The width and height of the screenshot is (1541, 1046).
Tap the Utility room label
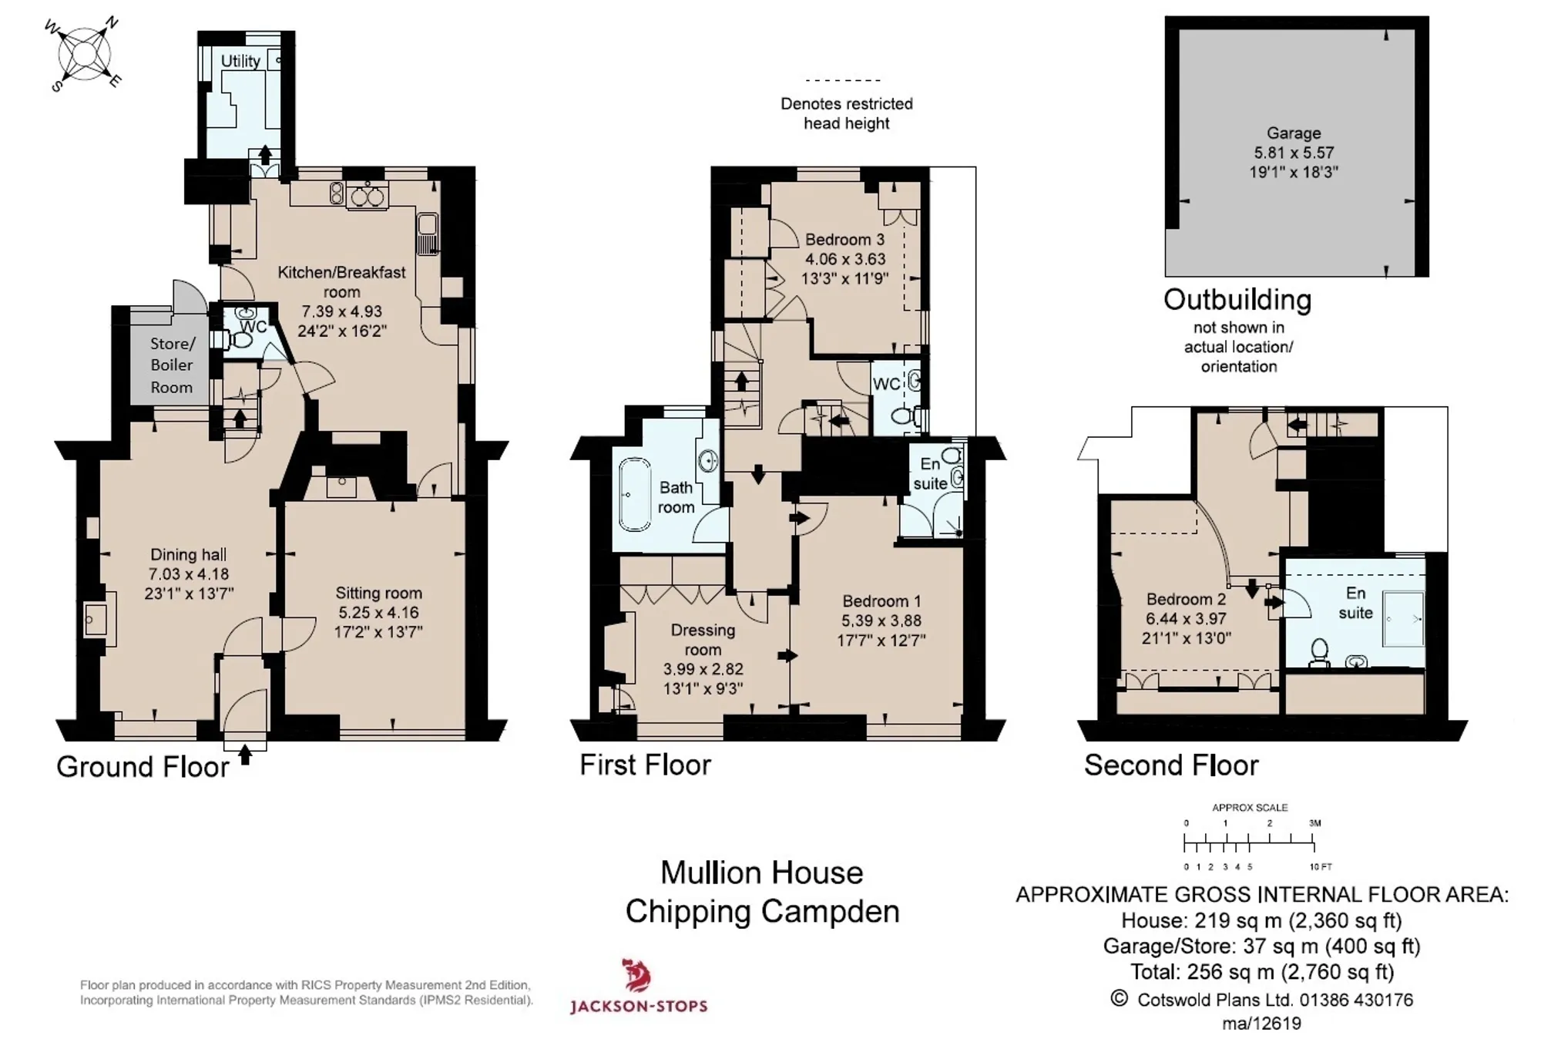(x=240, y=61)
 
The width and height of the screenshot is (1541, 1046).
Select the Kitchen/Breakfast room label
(x=341, y=282)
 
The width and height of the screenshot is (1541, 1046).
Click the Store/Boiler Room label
(x=172, y=365)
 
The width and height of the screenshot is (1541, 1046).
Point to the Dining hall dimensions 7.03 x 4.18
(x=189, y=574)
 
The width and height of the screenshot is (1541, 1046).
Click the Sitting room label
(x=378, y=594)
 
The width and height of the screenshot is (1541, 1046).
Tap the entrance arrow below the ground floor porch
(x=245, y=754)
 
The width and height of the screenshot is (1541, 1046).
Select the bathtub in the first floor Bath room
(x=634, y=495)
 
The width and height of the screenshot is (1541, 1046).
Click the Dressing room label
(x=703, y=640)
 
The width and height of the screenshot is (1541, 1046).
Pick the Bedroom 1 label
(x=881, y=601)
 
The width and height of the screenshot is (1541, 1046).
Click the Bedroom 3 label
(x=844, y=240)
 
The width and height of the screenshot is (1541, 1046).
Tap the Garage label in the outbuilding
(x=1294, y=133)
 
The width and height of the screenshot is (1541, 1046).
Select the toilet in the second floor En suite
(x=1320, y=652)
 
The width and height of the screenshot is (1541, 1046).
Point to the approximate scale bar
(x=1251, y=845)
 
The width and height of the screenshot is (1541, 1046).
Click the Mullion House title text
(x=762, y=873)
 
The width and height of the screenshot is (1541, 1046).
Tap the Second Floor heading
(x=1171, y=765)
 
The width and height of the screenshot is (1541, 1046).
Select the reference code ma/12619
(x=1262, y=1024)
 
